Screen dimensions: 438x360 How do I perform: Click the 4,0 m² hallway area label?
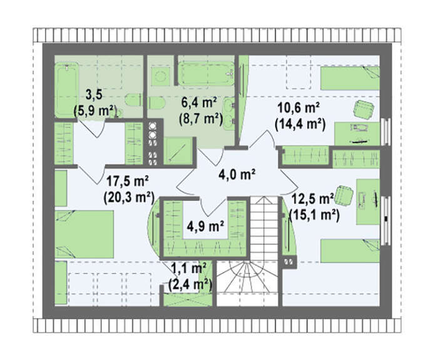(237, 175)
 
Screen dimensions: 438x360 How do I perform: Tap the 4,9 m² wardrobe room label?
(206, 226)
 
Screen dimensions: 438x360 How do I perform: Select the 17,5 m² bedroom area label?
(128, 181)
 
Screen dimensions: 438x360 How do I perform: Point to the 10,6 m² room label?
(298, 107)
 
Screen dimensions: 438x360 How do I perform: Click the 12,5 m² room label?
(313, 199)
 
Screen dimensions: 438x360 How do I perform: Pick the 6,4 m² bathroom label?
(200, 103)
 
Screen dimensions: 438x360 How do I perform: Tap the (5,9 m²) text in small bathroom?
(95, 111)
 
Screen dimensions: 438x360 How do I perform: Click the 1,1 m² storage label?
(188, 269)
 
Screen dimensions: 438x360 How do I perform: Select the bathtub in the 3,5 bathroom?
(66, 90)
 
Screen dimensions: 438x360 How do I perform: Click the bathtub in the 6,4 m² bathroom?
(206, 73)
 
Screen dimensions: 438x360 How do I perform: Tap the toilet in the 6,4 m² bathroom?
(156, 103)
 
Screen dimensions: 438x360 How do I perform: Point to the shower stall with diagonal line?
(178, 151)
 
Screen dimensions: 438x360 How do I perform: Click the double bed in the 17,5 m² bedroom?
(84, 234)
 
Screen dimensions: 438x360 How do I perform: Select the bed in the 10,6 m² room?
(350, 78)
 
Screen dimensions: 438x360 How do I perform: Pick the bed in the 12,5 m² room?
(350, 250)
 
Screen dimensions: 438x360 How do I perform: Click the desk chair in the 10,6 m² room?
(364, 110)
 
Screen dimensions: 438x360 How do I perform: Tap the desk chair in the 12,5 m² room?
(344, 196)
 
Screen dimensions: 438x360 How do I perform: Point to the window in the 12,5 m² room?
(386, 220)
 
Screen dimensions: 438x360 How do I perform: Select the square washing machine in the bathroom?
(161, 76)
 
